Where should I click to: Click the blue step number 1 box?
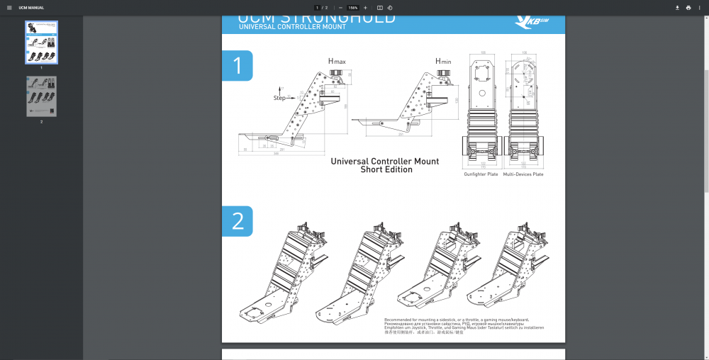coord(238,66)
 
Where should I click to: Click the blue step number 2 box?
coord(238,221)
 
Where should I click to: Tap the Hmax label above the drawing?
coord(336,62)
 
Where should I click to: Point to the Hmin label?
coord(443,62)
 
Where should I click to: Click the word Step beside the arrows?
coord(279,98)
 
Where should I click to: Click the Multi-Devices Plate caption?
coord(523,174)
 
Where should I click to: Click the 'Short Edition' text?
coord(386,170)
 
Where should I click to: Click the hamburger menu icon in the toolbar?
coord(9,8)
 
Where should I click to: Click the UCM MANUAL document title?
coord(31,8)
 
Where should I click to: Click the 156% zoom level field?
coord(353,8)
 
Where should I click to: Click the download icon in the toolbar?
coord(677,8)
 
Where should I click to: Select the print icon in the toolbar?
coord(688,8)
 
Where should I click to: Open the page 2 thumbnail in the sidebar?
coord(41,96)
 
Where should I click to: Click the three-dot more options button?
coord(700,8)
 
